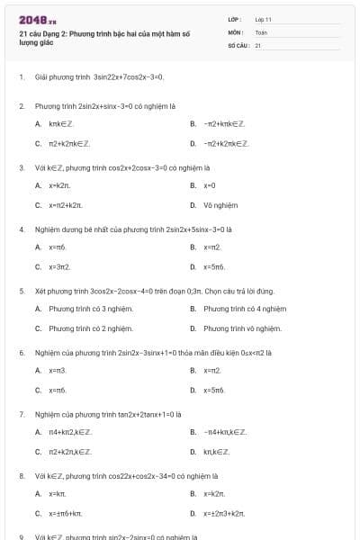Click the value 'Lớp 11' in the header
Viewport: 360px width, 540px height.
[264, 19]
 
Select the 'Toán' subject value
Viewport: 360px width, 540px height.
[261, 31]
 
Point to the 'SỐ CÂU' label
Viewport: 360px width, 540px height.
[237, 44]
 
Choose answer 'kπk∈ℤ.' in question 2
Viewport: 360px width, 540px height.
[61, 123]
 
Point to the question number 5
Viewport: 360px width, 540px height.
[22, 291]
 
